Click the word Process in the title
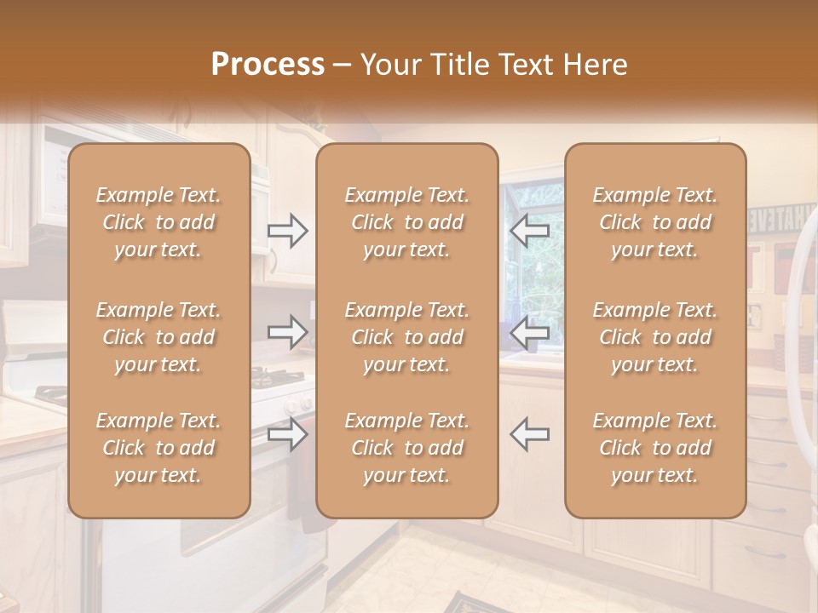268,65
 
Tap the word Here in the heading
594,65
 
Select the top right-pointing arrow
288,231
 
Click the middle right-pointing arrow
288,332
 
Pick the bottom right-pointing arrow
288,433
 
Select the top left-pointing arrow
529,231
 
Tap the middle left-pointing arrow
529,332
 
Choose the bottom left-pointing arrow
529,433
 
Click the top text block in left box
158,222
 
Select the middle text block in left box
158,337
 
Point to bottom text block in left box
158,448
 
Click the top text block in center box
407,222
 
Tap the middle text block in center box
407,337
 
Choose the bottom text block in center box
407,448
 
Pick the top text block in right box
655,222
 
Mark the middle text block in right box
655,337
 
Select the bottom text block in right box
655,448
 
